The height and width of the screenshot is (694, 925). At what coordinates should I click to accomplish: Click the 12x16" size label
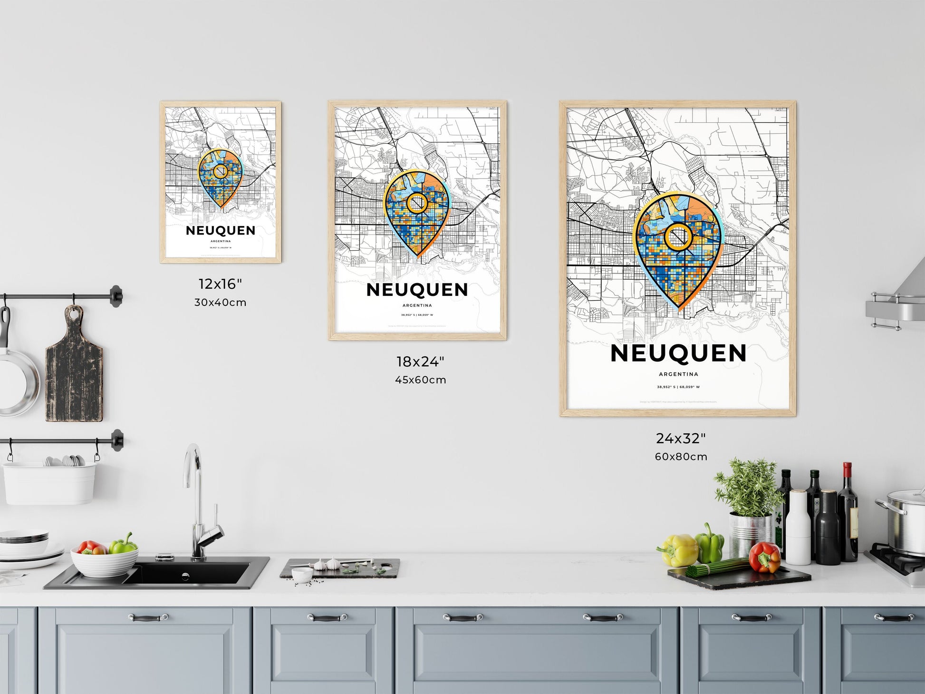click(220, 284)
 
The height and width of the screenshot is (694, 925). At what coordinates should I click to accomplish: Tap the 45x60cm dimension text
click(420, 380)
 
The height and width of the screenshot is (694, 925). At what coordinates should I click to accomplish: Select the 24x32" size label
click(681, 438)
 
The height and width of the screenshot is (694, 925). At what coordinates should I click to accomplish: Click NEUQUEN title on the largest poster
click(678, 354)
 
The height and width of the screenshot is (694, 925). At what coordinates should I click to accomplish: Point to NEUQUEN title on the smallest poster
click(221, 231)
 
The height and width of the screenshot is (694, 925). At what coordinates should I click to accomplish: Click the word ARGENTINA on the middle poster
click(417, 305)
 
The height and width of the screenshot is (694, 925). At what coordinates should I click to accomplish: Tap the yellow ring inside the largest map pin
click(678, 238)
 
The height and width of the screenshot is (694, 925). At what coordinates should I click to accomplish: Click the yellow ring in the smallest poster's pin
click(220, 171)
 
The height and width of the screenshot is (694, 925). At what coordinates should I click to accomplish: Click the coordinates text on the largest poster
click(678, 387)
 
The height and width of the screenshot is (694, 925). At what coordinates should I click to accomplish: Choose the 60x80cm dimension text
click(681, 457)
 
